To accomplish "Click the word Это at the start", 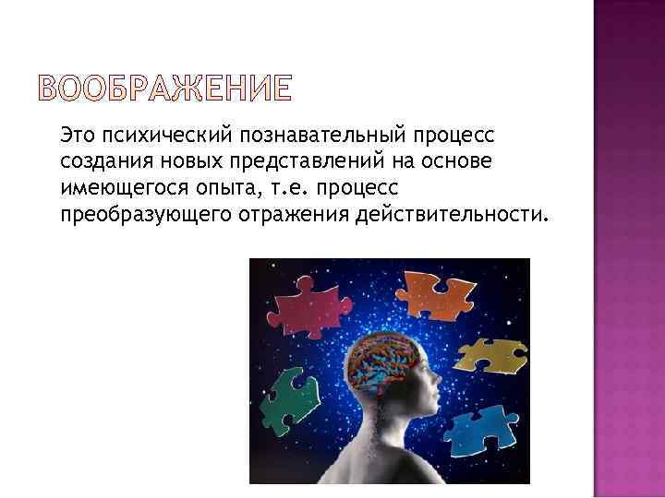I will click(x=79, y=136).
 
